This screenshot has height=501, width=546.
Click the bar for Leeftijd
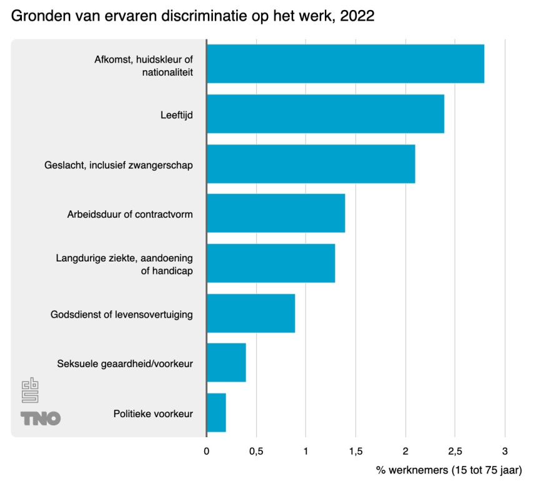(x=325, y=114)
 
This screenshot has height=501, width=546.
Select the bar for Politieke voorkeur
(x=216, y=413)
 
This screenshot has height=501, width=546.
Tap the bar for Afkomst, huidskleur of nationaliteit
(x=345, y=64)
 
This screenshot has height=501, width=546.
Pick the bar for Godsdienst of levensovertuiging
(x=251, y=313)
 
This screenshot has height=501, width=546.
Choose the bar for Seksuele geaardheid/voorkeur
(x=226, y=363)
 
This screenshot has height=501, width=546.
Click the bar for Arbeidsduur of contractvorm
(x=275, y=213)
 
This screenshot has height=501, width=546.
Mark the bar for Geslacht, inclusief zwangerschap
(x=310, y=164)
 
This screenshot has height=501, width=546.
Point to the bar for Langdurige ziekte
(x=271, y=263)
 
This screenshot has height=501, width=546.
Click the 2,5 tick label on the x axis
(x=455, y=451)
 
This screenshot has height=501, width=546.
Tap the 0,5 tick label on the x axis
(x=256, y=451)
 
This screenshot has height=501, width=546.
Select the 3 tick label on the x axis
(x=505, y=451)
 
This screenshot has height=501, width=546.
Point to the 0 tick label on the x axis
(x=207, y=451)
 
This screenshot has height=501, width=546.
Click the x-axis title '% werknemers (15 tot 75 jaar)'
(x=449, y=470)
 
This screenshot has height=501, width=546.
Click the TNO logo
(x=40, y=418)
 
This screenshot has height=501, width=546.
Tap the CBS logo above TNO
(x=30, y=391)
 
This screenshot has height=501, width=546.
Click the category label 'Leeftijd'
(x=177, y=114)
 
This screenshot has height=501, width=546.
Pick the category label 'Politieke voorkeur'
(x=153, y=413)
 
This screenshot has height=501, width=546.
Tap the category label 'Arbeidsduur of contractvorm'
(x=130, y=214)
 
